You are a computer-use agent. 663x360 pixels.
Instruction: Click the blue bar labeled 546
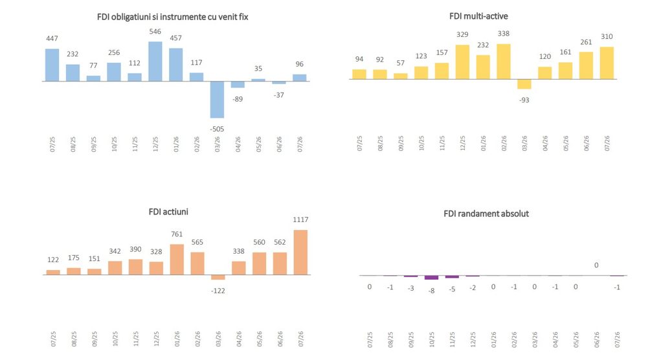[155, 62]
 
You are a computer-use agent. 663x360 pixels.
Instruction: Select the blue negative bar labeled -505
[218, 100]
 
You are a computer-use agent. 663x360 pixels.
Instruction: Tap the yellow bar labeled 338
[504, 62]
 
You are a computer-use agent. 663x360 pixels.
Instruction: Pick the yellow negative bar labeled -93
[524, 84]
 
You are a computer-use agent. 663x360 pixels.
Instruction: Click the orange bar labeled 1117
[300, 253]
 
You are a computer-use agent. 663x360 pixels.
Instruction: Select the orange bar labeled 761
[177, 260]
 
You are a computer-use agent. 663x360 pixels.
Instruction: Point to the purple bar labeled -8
[432, 278]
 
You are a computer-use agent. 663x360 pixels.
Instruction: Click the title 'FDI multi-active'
[478, 16]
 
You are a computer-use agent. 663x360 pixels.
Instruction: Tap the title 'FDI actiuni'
[168, 212]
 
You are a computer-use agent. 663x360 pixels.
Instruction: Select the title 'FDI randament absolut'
[486, 214]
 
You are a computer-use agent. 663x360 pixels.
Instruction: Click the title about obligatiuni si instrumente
[172, 17]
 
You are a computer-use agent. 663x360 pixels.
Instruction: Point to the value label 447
[52, 38]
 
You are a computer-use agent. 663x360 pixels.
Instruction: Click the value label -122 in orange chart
[218, 291]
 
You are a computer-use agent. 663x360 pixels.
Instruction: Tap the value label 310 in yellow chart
[607, 36]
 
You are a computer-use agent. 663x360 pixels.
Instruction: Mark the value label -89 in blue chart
[238, 99]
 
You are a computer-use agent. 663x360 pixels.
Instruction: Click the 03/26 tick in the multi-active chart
[524, 143]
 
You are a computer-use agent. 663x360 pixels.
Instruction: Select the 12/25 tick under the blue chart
[155, 144]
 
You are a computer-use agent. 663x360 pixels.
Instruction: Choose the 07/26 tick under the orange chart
[301, 339]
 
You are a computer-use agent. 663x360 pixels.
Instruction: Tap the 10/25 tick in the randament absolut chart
[432, 340]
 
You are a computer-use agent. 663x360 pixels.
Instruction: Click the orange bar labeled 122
[53, 273]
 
